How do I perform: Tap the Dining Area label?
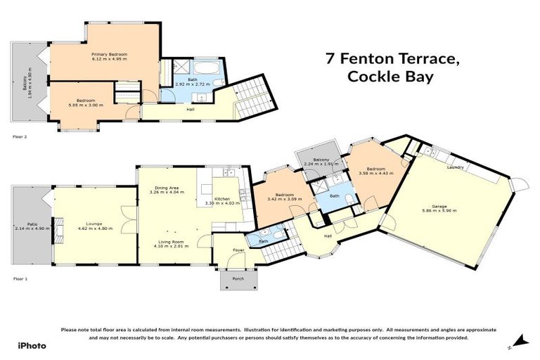(169, 188)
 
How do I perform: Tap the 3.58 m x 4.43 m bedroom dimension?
(373, 173)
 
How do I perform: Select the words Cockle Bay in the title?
(391, 77)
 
